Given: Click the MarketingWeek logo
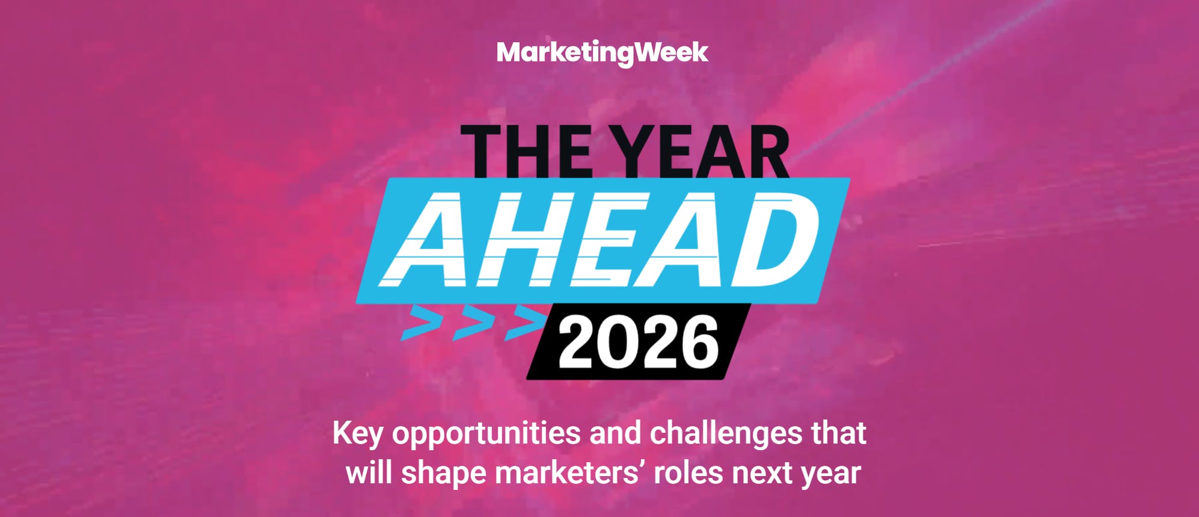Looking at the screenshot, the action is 603,53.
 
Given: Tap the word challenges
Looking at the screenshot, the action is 726,433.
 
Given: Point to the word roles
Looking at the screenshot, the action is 688,472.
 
